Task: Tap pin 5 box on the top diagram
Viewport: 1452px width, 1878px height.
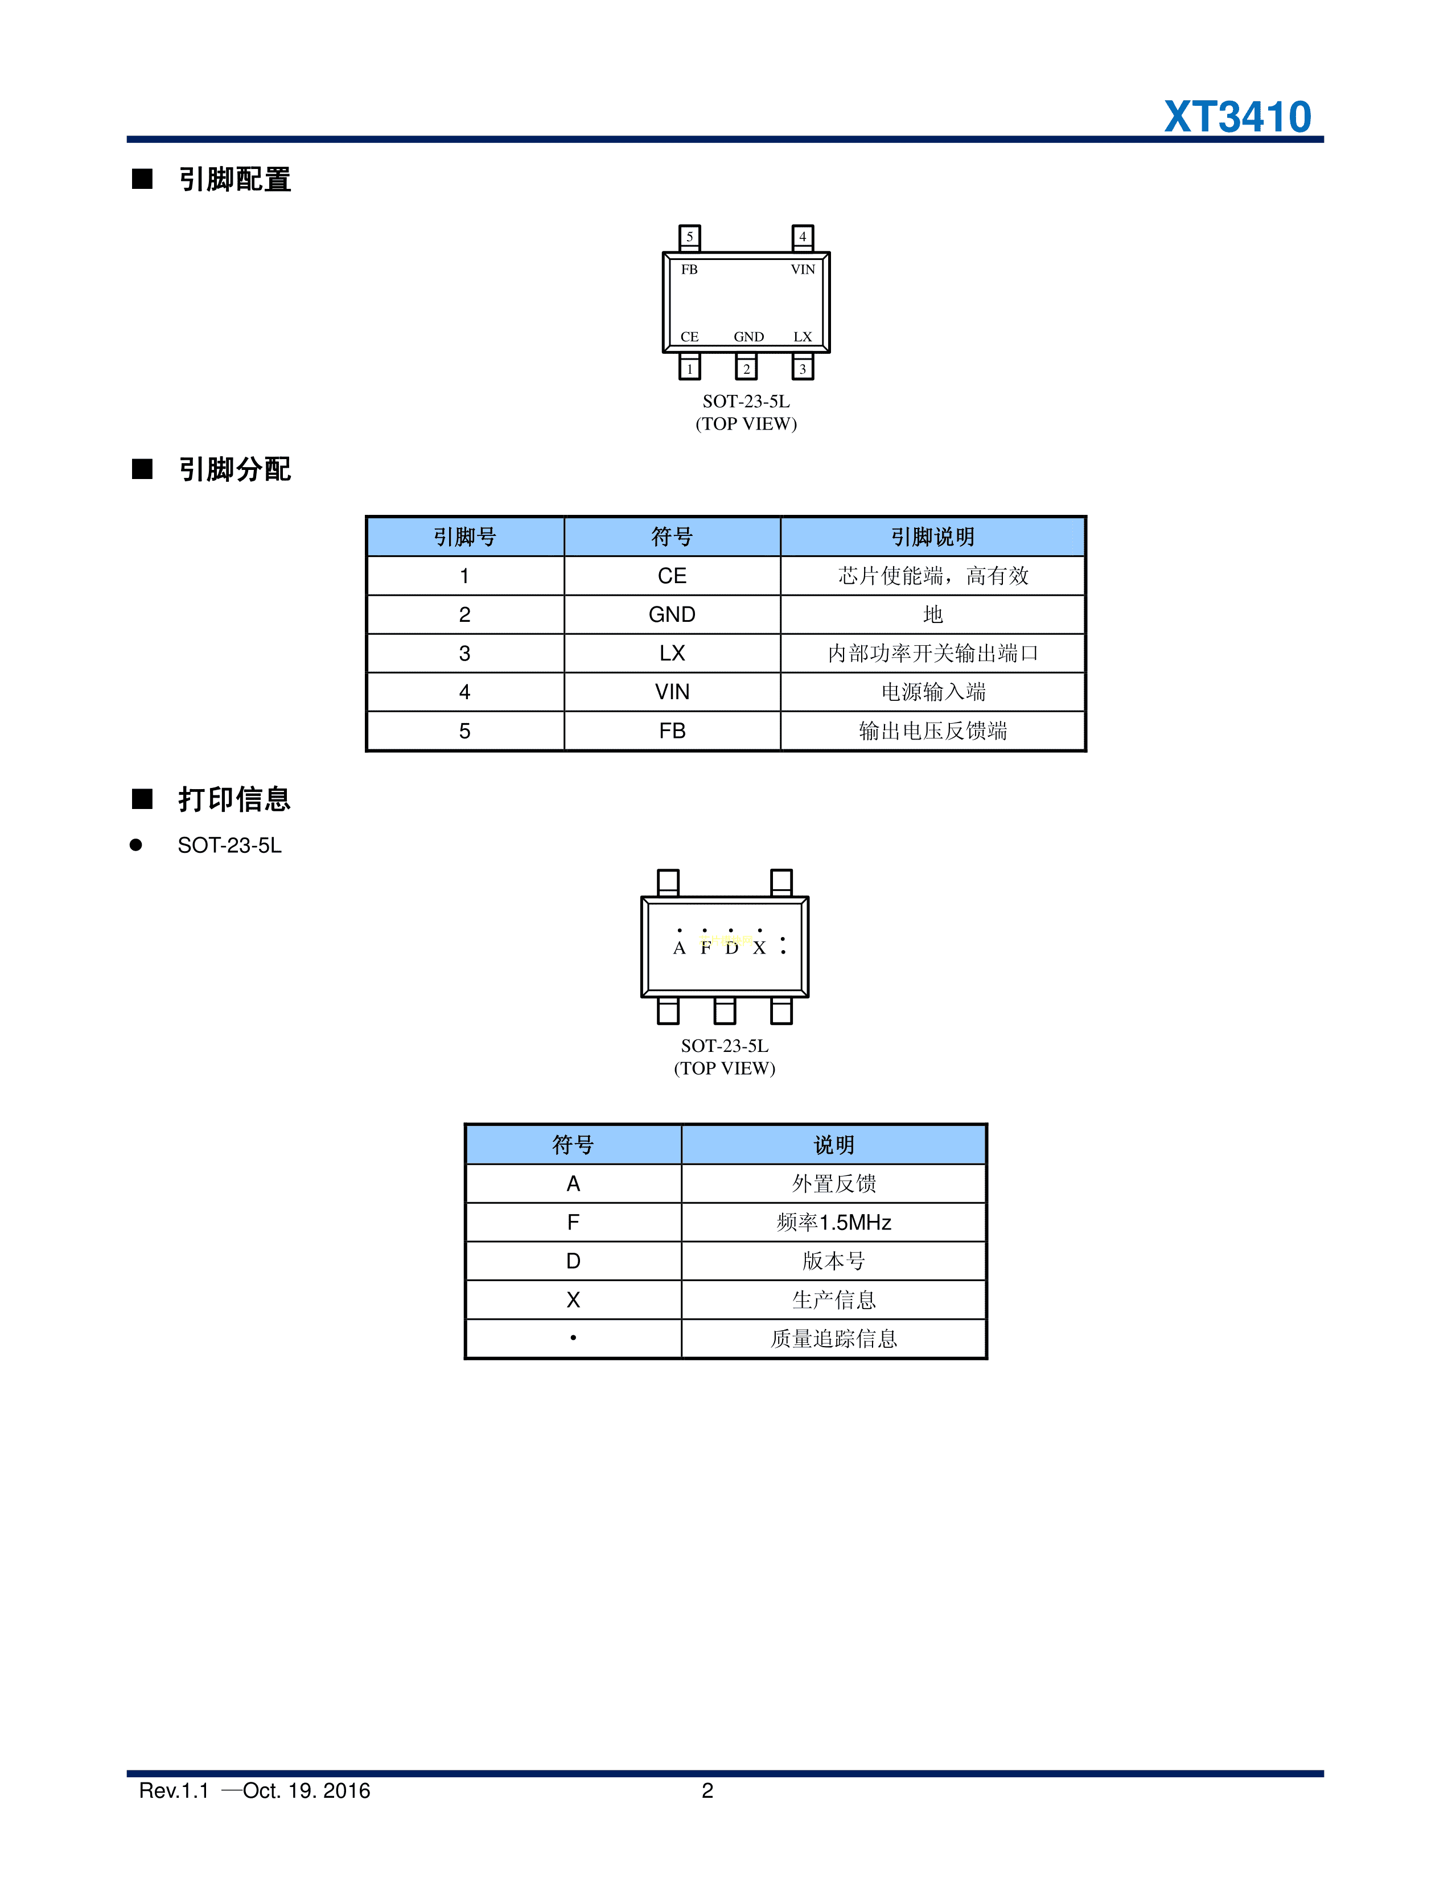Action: (689, 237)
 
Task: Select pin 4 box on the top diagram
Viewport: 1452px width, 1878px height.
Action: (803, 237)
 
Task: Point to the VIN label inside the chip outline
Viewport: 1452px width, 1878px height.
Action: (803, 269)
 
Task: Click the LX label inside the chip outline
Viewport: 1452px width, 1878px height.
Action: (803, 336)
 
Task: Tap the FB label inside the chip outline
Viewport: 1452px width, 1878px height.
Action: (689, 269)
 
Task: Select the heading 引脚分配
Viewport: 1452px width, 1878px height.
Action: (235, 469)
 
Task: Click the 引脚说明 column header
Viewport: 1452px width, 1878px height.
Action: (932, 536)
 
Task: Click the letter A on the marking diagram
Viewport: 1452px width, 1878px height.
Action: (680, 948)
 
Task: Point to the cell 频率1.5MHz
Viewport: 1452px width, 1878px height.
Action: (833, 1222)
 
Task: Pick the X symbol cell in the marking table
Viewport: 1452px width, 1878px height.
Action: (573, 1299)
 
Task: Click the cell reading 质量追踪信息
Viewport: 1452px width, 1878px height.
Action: (833, 1339)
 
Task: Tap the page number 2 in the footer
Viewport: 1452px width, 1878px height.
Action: (707, 1790)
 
